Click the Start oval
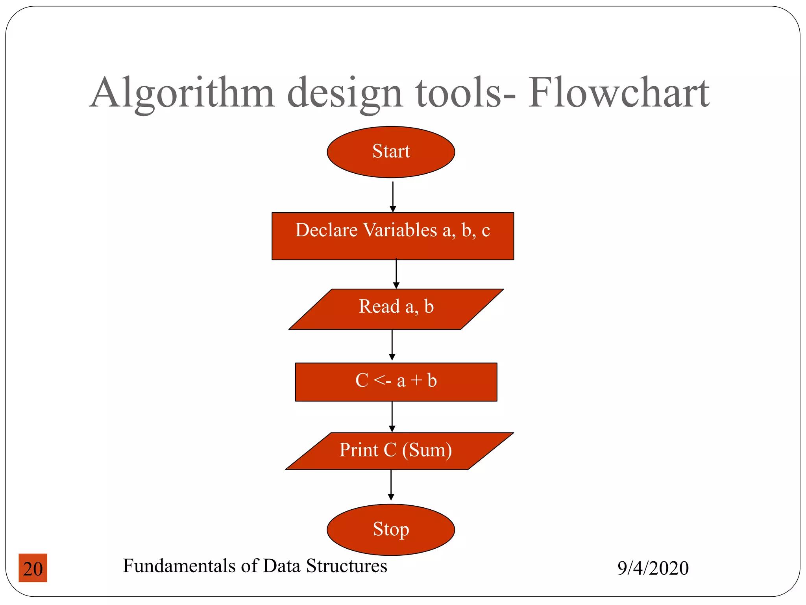[391, 152]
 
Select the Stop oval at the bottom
[391, 529]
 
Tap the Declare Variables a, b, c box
[393, 236]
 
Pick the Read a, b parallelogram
[396, 309]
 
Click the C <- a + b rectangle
[396, 382]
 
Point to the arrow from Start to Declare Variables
[393, 196]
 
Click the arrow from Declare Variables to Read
[396, 274]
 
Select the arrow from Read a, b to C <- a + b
[392, 345]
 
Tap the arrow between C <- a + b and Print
[392, 417]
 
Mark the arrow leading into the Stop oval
[391, 486]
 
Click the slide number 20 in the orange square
[33, 568]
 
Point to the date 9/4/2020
[653, 568]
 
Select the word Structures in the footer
[346, 566]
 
